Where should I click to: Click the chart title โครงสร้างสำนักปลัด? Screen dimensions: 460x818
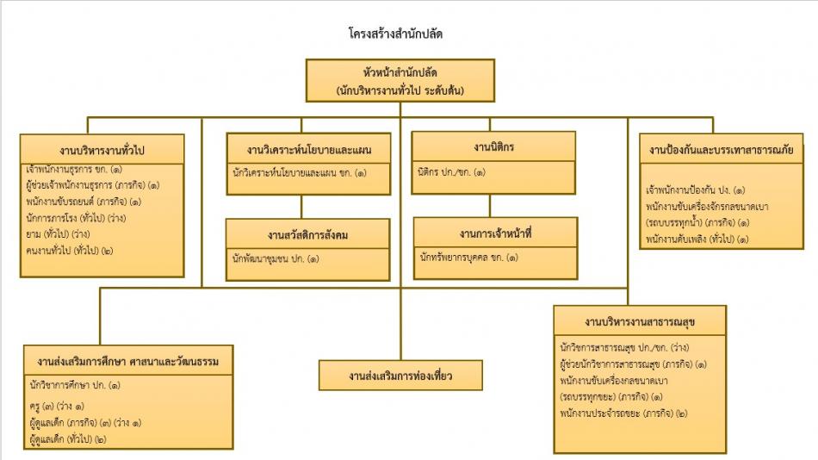[x=396, y=34]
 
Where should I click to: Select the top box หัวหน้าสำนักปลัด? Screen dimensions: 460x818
[x=400, y=80]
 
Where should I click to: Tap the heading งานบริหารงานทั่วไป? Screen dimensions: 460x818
[x=102, y=148]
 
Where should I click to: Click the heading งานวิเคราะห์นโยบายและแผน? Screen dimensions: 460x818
[x=301, y=148]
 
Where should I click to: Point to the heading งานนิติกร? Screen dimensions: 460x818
[x=493, y=146]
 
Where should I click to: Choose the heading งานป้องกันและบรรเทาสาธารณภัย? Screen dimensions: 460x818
[x=722, y=149]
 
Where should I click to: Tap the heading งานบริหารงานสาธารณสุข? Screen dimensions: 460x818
[x=640, y=321]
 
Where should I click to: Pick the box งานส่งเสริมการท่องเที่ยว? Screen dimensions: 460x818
[x=400, y=376]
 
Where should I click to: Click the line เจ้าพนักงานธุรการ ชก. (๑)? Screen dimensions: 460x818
[x=75, y=169]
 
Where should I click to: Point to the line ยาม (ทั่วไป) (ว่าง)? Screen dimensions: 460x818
[x=59, y=234]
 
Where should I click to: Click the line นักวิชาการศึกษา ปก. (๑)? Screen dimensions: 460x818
[x=75, y=385]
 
